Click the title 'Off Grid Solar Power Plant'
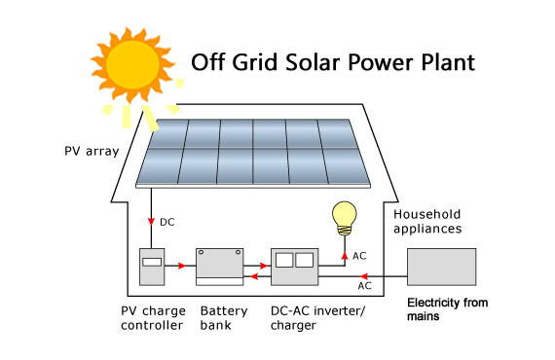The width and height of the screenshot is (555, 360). [333, 63]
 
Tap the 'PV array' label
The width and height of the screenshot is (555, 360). [90, 151]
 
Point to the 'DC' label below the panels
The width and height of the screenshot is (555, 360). [166, 223]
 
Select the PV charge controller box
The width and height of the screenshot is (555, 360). [152, 266]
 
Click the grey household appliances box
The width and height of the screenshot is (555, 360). [440, 266]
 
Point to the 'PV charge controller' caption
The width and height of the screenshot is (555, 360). [154, 318]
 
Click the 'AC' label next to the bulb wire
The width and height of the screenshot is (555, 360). [358, 254]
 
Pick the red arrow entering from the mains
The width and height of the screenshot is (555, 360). [394, 275]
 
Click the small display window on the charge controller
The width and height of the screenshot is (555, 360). [152, 262]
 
